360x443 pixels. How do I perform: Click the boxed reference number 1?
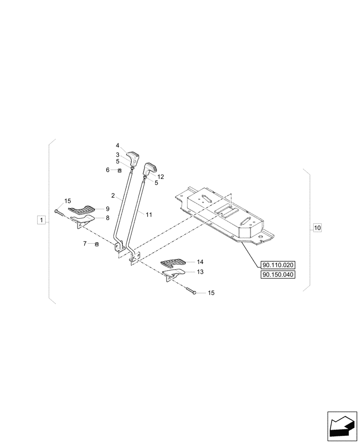(41, 220)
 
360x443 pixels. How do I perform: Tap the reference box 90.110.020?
(278, 265)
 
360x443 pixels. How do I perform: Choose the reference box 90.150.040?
(278, 275)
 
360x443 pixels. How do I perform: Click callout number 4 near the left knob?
(117, 145)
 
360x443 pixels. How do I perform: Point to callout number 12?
(160, 176)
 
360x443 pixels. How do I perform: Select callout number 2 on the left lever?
(113, 195)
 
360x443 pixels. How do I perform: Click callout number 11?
(149, 214)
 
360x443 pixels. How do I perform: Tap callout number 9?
(107, 208)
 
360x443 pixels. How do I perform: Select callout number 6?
(107, 170)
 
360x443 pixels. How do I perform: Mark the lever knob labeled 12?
(149, 168)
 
